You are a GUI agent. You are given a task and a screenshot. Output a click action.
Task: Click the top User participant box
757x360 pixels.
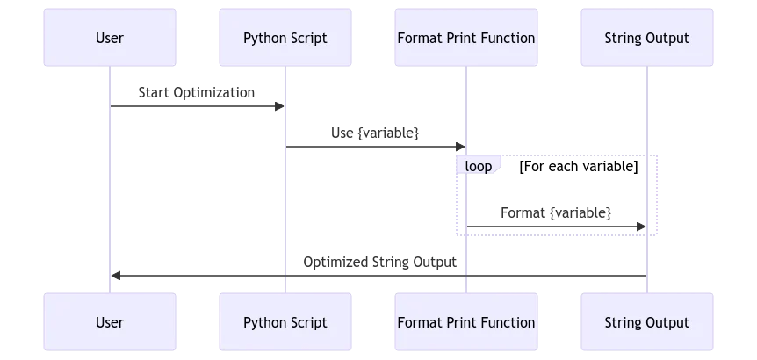[110, 38]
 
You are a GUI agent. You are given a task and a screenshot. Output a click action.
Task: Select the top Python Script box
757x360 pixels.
[285, 38]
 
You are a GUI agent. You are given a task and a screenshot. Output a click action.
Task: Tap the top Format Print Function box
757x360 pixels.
[466, 38]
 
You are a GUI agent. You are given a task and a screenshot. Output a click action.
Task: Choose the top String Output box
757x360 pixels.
[647, 38]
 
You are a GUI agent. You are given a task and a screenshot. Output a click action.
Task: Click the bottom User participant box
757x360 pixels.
[110, 322]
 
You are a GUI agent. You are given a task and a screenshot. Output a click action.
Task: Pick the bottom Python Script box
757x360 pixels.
[285, 322]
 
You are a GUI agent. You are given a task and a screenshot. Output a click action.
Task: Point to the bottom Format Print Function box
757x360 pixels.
[466, 322]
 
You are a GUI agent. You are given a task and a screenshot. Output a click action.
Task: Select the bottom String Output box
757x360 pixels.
[647, 322]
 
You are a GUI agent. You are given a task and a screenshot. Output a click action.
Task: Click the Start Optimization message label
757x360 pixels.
[197, 92]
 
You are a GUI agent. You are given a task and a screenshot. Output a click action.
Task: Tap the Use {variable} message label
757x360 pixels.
[375, 133]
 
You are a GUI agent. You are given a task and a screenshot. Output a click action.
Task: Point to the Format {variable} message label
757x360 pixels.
[556, 212]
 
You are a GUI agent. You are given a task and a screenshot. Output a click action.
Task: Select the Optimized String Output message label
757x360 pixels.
[379, 262]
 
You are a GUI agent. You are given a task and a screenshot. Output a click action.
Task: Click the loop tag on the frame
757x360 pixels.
[478, 166]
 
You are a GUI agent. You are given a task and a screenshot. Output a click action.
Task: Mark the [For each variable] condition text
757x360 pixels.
[578, 166]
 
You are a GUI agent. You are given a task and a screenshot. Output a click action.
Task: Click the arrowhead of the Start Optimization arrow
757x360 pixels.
[280, 106]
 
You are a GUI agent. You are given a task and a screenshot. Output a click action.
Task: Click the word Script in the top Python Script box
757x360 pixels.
[308, 38]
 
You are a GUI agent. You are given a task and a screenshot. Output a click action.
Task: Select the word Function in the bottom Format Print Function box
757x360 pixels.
[508, 322]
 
